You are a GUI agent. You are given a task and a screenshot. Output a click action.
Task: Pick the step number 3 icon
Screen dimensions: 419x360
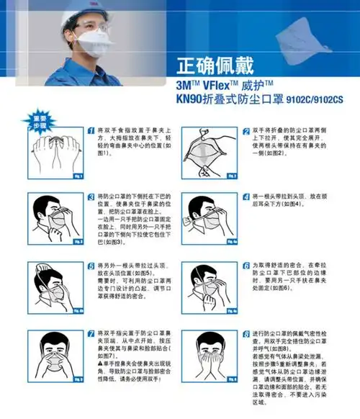click(91, 195)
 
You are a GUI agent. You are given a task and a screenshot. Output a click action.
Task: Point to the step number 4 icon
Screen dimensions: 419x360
click(246, 195)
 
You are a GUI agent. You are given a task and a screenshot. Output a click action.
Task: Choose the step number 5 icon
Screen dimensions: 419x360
click(91, 266)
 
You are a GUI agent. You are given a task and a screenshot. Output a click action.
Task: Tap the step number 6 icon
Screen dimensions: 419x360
click(246, 266)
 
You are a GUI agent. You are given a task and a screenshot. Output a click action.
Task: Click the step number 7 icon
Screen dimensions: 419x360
click(91, 333)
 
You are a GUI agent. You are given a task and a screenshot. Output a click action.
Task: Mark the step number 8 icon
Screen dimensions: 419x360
click(246, 333)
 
